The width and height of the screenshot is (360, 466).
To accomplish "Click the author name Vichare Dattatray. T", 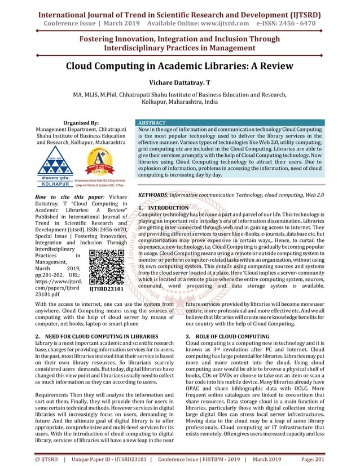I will tap(180, 83).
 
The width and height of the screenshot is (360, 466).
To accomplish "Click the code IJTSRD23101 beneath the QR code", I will tap(107, 289).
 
